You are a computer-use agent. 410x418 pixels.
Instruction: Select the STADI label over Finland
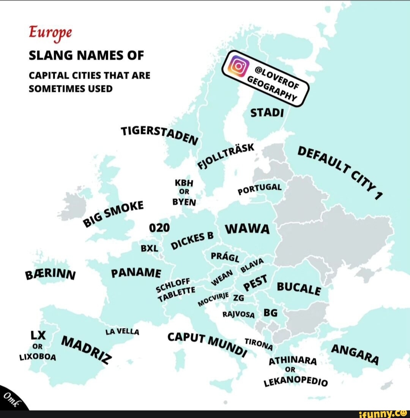267,113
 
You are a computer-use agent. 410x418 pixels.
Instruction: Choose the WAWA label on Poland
248,229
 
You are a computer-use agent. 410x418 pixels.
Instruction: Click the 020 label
156,228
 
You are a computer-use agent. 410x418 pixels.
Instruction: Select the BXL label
149,248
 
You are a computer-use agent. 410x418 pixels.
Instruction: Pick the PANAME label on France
136,272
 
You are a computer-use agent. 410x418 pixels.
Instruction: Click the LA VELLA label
123,331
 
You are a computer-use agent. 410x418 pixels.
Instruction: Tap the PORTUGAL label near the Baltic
260,189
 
